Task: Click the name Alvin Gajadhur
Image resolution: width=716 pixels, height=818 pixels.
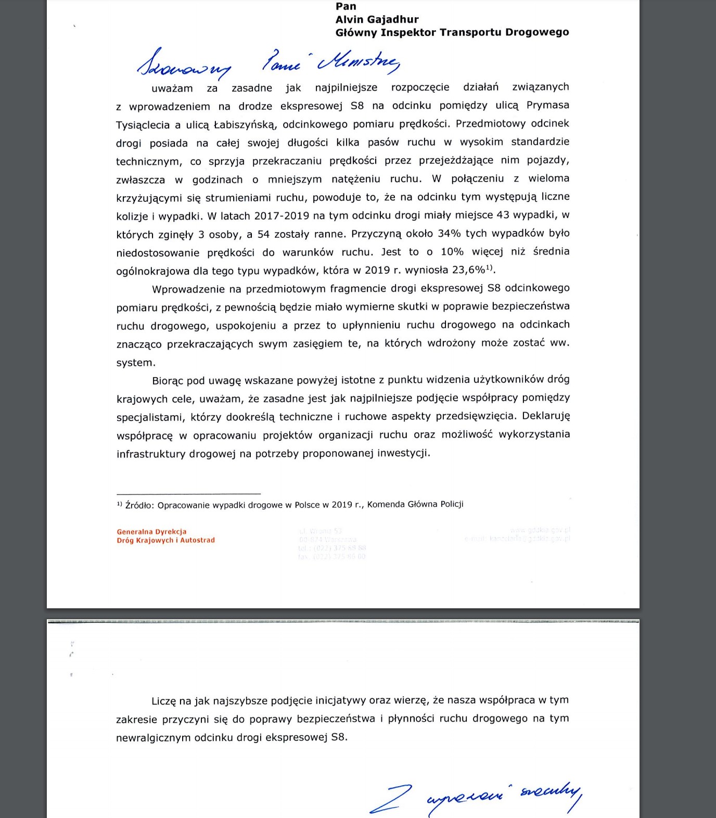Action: pos(377,20)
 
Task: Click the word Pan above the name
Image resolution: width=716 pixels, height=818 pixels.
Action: pos(346,6)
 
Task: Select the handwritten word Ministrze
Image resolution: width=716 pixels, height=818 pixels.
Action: pos(359,62)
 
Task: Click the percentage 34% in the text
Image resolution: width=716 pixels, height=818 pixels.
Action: pos(449,234)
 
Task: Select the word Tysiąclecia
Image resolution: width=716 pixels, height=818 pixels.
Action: pos(143,125)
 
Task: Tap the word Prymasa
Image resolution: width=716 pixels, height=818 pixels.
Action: pos(548,105)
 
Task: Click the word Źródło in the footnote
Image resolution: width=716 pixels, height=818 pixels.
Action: pos(139,505)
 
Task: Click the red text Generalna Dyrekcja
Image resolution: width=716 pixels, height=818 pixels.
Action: pos(151,532)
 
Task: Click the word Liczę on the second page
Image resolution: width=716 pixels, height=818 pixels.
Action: pos(164,701)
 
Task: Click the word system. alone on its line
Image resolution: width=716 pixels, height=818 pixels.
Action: pos(136,363)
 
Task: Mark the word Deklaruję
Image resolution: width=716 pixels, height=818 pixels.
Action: pos(546,416)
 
